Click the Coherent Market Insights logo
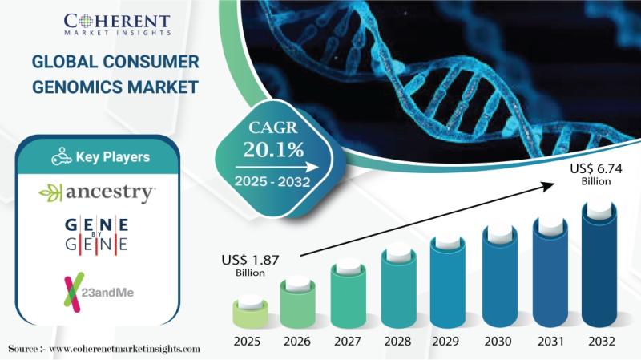117,25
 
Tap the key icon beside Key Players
62,156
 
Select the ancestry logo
97,193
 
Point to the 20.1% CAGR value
273,149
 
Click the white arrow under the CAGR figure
276,167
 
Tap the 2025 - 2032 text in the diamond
272,181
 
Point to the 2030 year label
498,342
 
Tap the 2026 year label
297,342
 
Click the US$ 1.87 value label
250,265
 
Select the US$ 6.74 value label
596,174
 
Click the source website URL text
124,349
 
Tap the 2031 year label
548,342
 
